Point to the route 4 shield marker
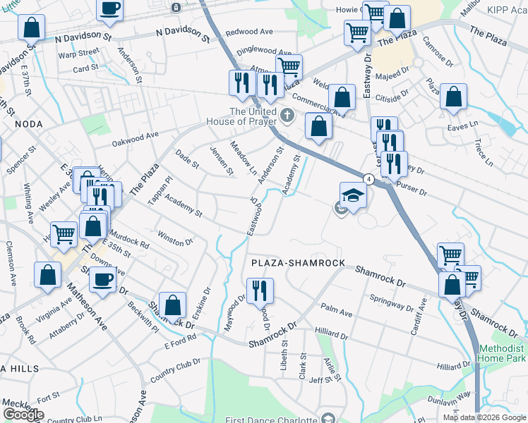click(x=368, y=178)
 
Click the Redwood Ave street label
click(x=249, y=32)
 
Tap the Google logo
click(x=23, y=415)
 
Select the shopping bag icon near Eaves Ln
click(x=453, y=96)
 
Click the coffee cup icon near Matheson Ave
click(x=103, y=279)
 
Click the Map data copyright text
click(x=484, y=417)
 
